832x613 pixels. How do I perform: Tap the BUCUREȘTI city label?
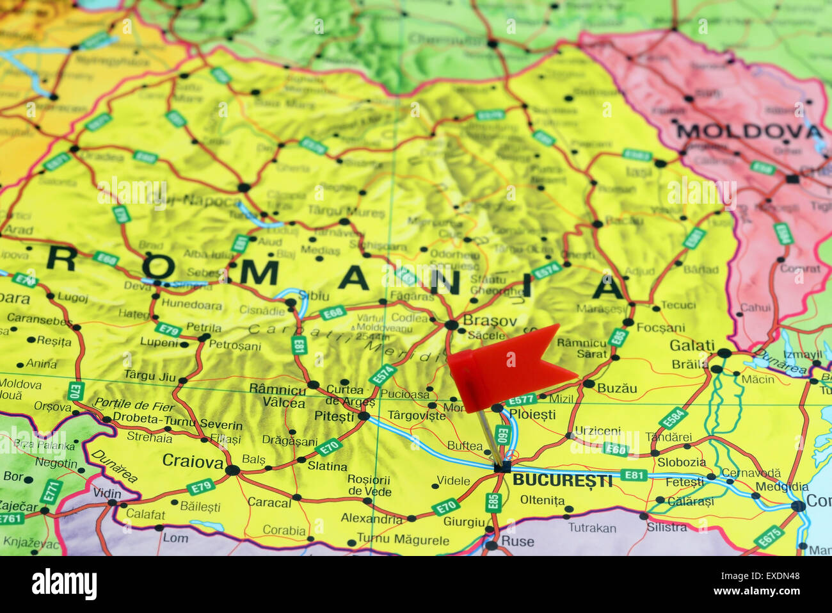click(x=562, y=480)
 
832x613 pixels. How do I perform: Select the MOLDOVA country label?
click(x=749, y=132)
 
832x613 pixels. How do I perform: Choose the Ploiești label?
click(x=532, y=414)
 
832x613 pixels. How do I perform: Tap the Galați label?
click(x=692, y=346)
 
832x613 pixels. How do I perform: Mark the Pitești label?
click(x=334, y=416)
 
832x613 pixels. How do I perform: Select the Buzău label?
click(x=617, y=388)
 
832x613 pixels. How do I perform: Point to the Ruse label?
click(x=517, y=541)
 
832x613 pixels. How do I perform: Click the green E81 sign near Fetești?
click(x=634, y=475)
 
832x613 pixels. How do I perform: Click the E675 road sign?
click(x=768, y=537)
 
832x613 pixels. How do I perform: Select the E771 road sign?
click(x=51, y=491)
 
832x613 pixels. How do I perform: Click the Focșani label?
click(x=660, y=327)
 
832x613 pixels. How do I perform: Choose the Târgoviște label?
click(x=417, y=414)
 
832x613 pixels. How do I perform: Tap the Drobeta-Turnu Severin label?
click(x=168, y=421)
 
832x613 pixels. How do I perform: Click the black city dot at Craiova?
click(x=232, y=470)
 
